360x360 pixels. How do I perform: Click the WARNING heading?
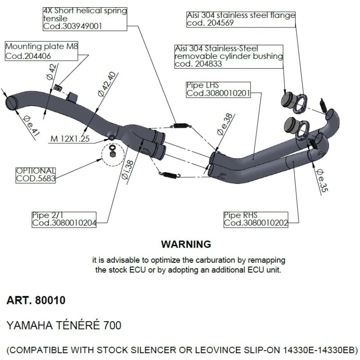click(186, 244)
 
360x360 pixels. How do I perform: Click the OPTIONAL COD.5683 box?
click(36, 175)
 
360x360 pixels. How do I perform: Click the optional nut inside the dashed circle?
click(112, 155)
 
